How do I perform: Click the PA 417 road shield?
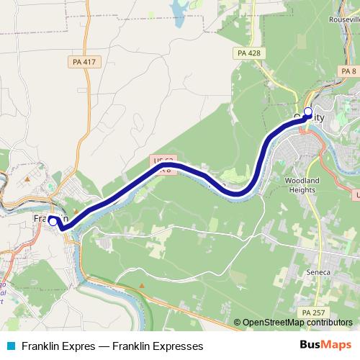tap(84, 63)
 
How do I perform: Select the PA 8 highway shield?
tap(349, 71)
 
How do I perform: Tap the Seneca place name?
tap(318, 272)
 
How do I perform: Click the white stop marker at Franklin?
tap(53, 222)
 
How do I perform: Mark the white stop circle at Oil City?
tap(308, 112)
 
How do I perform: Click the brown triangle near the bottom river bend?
tap(142, 285)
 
